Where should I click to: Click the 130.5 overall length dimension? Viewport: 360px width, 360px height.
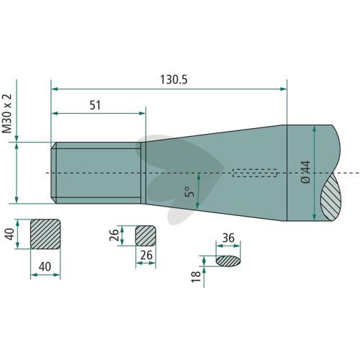tap(174, 80)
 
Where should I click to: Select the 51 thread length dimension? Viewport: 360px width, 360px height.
tap(95, 105)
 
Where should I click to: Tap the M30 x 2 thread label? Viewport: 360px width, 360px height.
tap(7, 113)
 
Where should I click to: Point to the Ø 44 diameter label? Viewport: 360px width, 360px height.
tap(305, 172)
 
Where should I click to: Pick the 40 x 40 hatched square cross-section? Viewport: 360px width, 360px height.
tap(45, 234)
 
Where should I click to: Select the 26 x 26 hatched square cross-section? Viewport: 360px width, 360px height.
tap(145, 235)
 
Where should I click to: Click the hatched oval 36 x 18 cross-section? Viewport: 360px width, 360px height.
tap(228, 261)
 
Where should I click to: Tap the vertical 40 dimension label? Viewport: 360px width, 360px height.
tap(10, 234)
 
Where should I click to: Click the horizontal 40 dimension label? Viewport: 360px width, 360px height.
tap(45, 266)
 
